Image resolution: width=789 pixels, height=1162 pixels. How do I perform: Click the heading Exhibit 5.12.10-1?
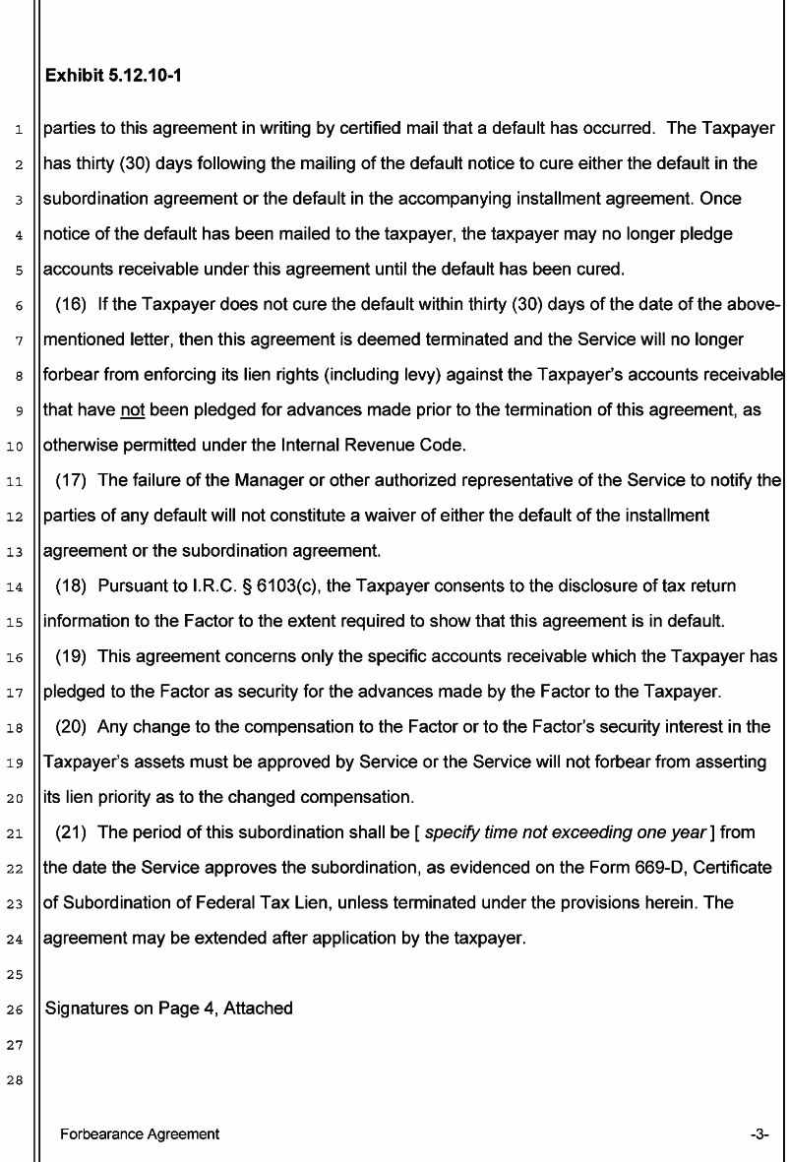[x=112, y=74]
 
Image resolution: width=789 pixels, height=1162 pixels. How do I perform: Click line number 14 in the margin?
[x=20, y=588]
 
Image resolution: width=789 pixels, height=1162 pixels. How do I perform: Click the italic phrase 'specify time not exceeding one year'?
[x=568, y=833]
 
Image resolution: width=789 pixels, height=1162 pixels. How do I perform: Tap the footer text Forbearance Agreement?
[x=140, y=1134]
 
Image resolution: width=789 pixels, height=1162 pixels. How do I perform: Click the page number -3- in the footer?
[x=759, y=1134]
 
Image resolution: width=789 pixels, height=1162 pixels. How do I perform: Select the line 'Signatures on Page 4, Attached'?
[x=169, y=1009]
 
